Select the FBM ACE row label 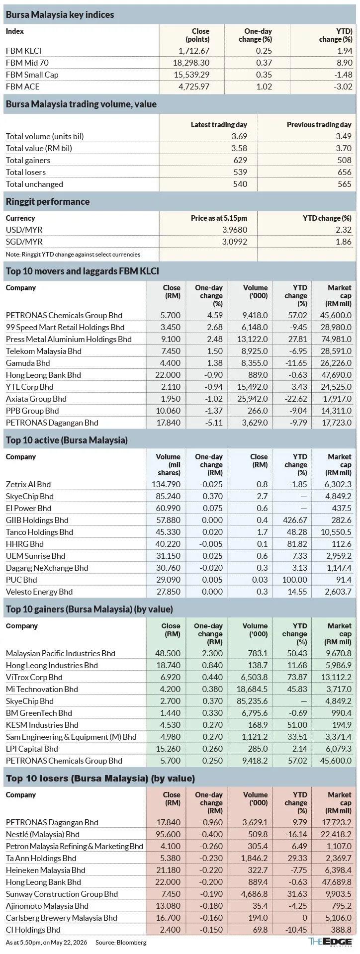[23, 87]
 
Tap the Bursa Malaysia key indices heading [60, 15]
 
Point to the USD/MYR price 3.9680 [233, 230]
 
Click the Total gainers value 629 [240, 160]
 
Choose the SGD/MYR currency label [24, 242]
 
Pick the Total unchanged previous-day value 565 [345, 184]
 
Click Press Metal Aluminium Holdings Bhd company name [69, 339]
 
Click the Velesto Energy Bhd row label [39, 592]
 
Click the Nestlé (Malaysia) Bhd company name [43, 834]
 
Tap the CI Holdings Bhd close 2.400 [170, 930]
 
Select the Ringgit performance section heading [48, 202]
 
